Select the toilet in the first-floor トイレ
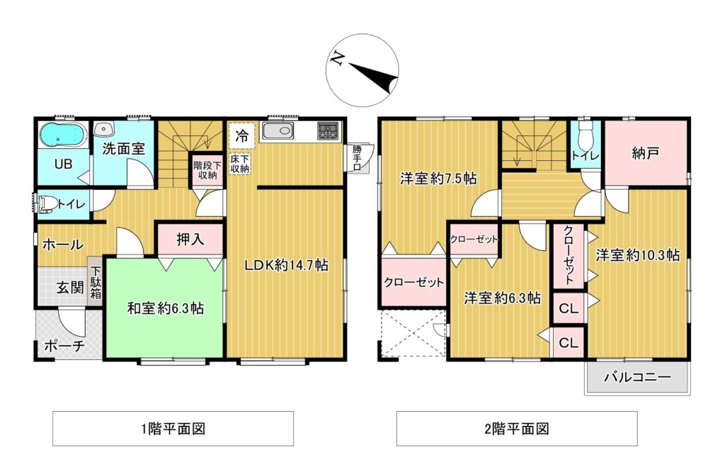click(47, 204)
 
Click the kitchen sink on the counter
click(278, 131)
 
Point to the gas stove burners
click(328, 130)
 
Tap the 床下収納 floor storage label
click(239, 163)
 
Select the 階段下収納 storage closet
click(207, 170)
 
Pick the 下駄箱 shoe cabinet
click(94, 283)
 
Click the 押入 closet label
click(190, 240)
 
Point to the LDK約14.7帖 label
click(286, 266)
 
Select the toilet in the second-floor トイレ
click(585, 134)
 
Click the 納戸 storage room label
click(644, 153)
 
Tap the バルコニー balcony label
click(636, 378)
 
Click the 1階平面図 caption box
click(173, 429)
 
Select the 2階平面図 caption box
click(516, 429)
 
